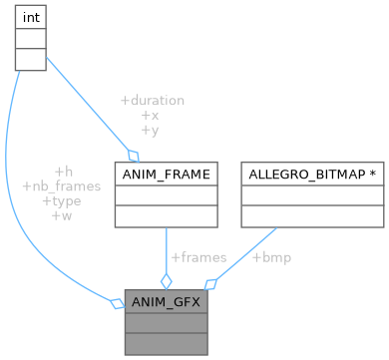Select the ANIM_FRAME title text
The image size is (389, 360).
click(x=166, y=175)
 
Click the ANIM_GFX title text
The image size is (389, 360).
click(x=166, y=300)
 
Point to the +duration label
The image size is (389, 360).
click(x=152, y=101)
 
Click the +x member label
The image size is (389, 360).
click(x=152, y=116)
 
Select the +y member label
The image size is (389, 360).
click(x=152, y=130)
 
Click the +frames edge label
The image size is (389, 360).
click(x=198, y=257)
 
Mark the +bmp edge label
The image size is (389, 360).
click(x=271, y=257)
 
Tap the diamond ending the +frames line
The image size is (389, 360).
click(x=166, y=280)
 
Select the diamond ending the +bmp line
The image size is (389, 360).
click(x=209, y=282)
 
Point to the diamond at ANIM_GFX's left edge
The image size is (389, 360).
click(x=117, y=302)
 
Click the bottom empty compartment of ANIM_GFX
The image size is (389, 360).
click(x=166, y=342)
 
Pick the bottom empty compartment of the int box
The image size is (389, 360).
click(x=28, y=59)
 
